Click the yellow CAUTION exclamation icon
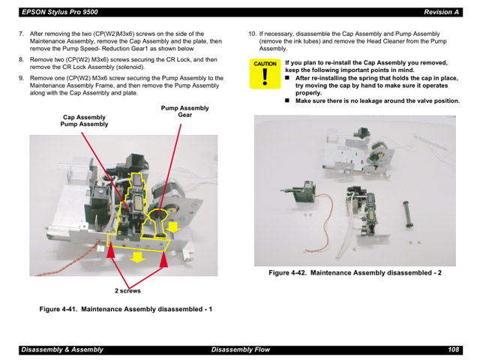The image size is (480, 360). tap(265, 76)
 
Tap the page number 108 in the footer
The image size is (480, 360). tap(454, 349)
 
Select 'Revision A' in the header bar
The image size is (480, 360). tap(442, 12)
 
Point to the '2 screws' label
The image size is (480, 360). tap(127, 290)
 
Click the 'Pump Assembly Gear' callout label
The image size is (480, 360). tap(184, 112)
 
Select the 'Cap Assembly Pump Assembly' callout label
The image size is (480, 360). tap(84, 121)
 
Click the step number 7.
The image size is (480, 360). tap(22, 34)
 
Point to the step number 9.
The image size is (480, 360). tap(22, 77)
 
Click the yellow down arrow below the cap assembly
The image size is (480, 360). tap(138, 257)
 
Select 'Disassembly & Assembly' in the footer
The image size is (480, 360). tap(61, 349)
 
